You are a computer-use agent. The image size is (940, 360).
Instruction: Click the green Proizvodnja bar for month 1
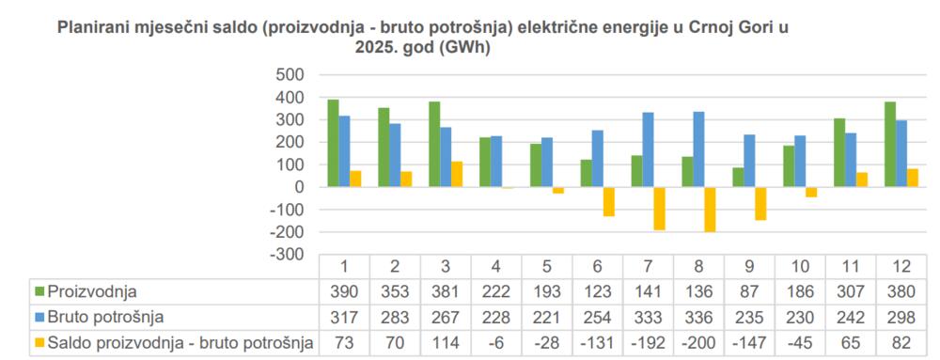333,143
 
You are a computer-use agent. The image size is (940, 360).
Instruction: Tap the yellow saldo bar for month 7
661,209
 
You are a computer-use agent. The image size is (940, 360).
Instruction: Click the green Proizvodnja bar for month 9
738,177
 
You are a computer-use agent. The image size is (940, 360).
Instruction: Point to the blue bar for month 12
901,153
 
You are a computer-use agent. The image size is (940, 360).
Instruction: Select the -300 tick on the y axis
288,255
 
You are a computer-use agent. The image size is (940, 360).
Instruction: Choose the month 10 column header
801,267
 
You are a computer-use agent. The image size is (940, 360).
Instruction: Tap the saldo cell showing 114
446,343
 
